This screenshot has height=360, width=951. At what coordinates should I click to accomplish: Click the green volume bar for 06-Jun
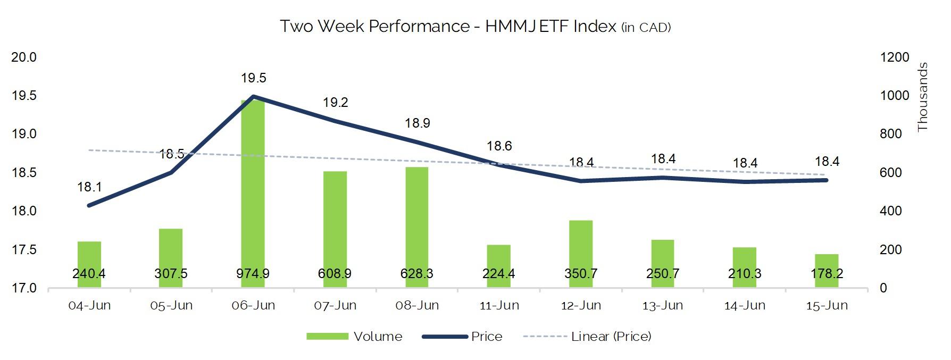point(253,191)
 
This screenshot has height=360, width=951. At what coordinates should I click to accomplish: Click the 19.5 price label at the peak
point(253,78)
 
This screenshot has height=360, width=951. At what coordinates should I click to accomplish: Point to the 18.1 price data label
point(89,187)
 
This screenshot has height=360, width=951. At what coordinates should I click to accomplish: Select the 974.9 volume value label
point(253,274)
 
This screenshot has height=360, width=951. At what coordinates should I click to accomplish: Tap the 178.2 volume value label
point(827,274)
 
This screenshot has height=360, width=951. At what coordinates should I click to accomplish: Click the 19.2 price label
point(336,103)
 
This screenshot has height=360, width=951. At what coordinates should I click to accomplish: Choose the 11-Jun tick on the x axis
point(499,306)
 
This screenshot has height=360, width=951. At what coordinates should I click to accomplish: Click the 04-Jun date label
point(89,306)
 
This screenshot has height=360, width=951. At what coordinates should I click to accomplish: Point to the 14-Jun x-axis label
point(745,306)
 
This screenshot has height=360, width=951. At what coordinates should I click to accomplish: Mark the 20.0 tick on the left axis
point(24,57)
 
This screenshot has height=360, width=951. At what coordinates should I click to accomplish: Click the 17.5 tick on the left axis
point(24,250)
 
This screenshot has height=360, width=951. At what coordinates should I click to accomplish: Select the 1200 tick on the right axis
point(895,57)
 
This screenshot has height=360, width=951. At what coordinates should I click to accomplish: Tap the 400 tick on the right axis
point(891,211)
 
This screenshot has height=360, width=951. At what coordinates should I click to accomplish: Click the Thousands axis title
point(922,97)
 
